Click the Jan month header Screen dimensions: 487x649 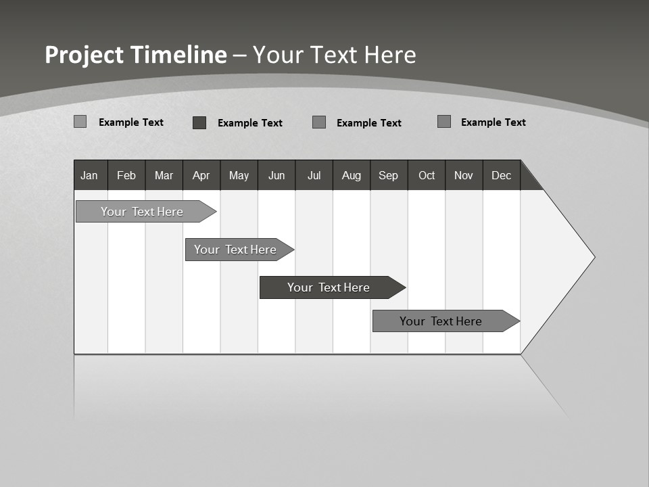coord(90,175)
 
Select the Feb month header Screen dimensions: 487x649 coord(126,175)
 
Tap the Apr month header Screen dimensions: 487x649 coord(201,175)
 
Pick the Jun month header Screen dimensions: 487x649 coord(277,175)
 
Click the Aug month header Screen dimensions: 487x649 coord(352,175)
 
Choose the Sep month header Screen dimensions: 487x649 coord(389,175)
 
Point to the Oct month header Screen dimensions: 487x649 coord(427,175)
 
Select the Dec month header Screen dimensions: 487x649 coord(502,175)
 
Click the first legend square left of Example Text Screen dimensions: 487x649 coord(80,122)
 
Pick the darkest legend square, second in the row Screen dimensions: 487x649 coord(199,122)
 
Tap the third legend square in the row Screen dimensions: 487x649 coord(319,122)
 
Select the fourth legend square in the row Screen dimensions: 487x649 coord(444,122)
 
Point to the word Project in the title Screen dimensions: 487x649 coord(84,55)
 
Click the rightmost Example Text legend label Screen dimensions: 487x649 coord(493,122)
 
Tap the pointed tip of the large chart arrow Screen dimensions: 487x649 coord(593,257)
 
